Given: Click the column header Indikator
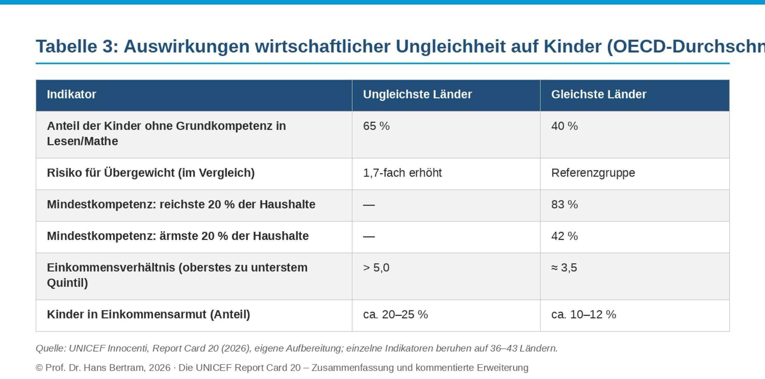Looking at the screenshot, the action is pyautogui.click(x=72, y=94).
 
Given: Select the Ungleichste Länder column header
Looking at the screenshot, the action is pyautogui.click(x=417, y=94).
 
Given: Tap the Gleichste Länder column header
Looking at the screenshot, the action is pyautogui.click(x=599, y=94).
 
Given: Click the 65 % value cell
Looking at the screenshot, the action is pyautogui.click(x=376, y=126).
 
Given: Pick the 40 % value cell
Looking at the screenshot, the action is pyautogui.click(x=564, y=126).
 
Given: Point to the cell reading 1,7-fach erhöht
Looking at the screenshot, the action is pyautogui.click(x=402, y=173).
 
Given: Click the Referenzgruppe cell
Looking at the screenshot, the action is pyautogui.click(x=593, y=173).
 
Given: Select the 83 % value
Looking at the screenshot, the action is pyautogui.click(x=564, y=205).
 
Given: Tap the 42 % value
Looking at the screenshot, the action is pyautogui.click(x=564, y=236).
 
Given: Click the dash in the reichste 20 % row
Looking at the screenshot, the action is pyautogui.click(x=369, y=205).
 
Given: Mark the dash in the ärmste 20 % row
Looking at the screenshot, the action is pyautogui.click(x=369, y=237).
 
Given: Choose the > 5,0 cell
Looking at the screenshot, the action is pyautogui.click(x=376, y=268).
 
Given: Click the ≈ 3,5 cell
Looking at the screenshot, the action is pyautogui.click(x=564, y=268).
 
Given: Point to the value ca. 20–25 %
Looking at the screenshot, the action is pyautogui.click(x=395, y=315).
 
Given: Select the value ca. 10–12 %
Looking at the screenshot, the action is pyautogui.click(x=584, y=315).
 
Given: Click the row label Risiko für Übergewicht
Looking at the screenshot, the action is pyautogui.click(x=151, y=173).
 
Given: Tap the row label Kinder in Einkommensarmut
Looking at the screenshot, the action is pyautogui.click(x=149, y=315).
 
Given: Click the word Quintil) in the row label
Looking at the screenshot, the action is pyautogui.click(x=67, y=283).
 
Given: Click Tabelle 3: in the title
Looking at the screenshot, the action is pyautogui.click(x=77, y=47).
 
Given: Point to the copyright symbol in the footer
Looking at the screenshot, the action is pyautogui.click(x=39, y=368).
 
